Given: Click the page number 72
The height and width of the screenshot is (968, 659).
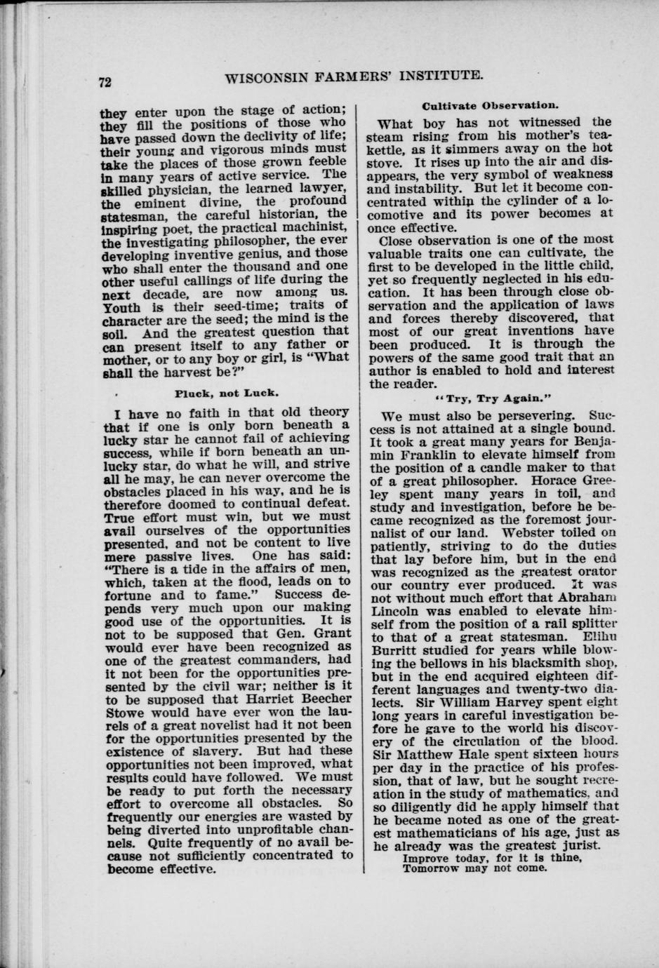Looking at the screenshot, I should pyautogui.click(x=105, y=82).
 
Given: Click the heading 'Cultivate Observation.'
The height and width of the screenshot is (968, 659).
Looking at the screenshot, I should pyautogui.click(x=490, y=106).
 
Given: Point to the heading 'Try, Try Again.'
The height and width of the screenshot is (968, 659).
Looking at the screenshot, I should pyautogui.click(x=490, y=398).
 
